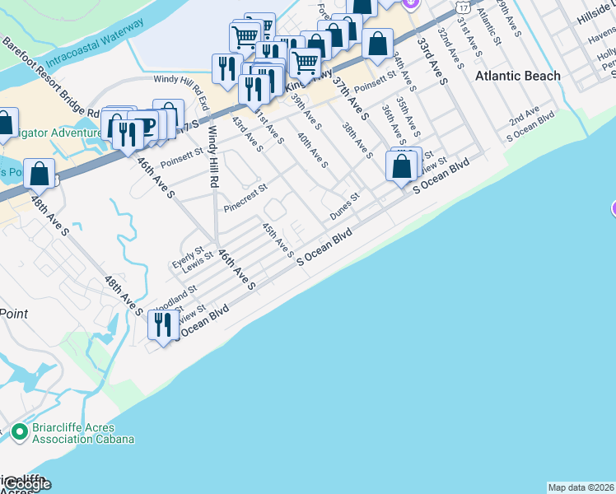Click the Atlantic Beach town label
518,76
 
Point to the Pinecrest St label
245,198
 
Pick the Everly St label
187,257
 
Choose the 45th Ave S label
278,238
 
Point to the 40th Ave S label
313,151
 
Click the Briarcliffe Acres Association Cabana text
84,433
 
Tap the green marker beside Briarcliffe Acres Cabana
20,431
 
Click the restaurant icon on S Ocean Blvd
163,324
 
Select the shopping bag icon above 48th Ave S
39,173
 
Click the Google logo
26,484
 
